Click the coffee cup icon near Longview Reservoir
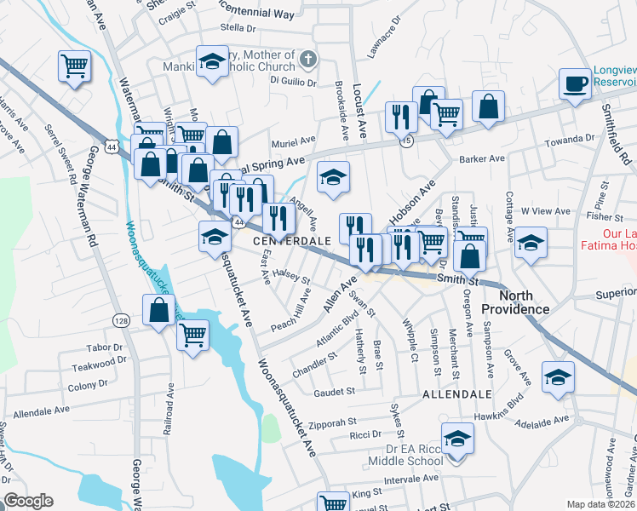574,84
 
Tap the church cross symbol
308,60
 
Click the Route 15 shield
408,142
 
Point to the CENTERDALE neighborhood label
292,241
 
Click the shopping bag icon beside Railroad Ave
159,311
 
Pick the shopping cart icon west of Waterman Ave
74,65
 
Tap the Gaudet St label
333,391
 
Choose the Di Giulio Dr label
293,83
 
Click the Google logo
28,501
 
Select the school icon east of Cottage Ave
530,244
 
